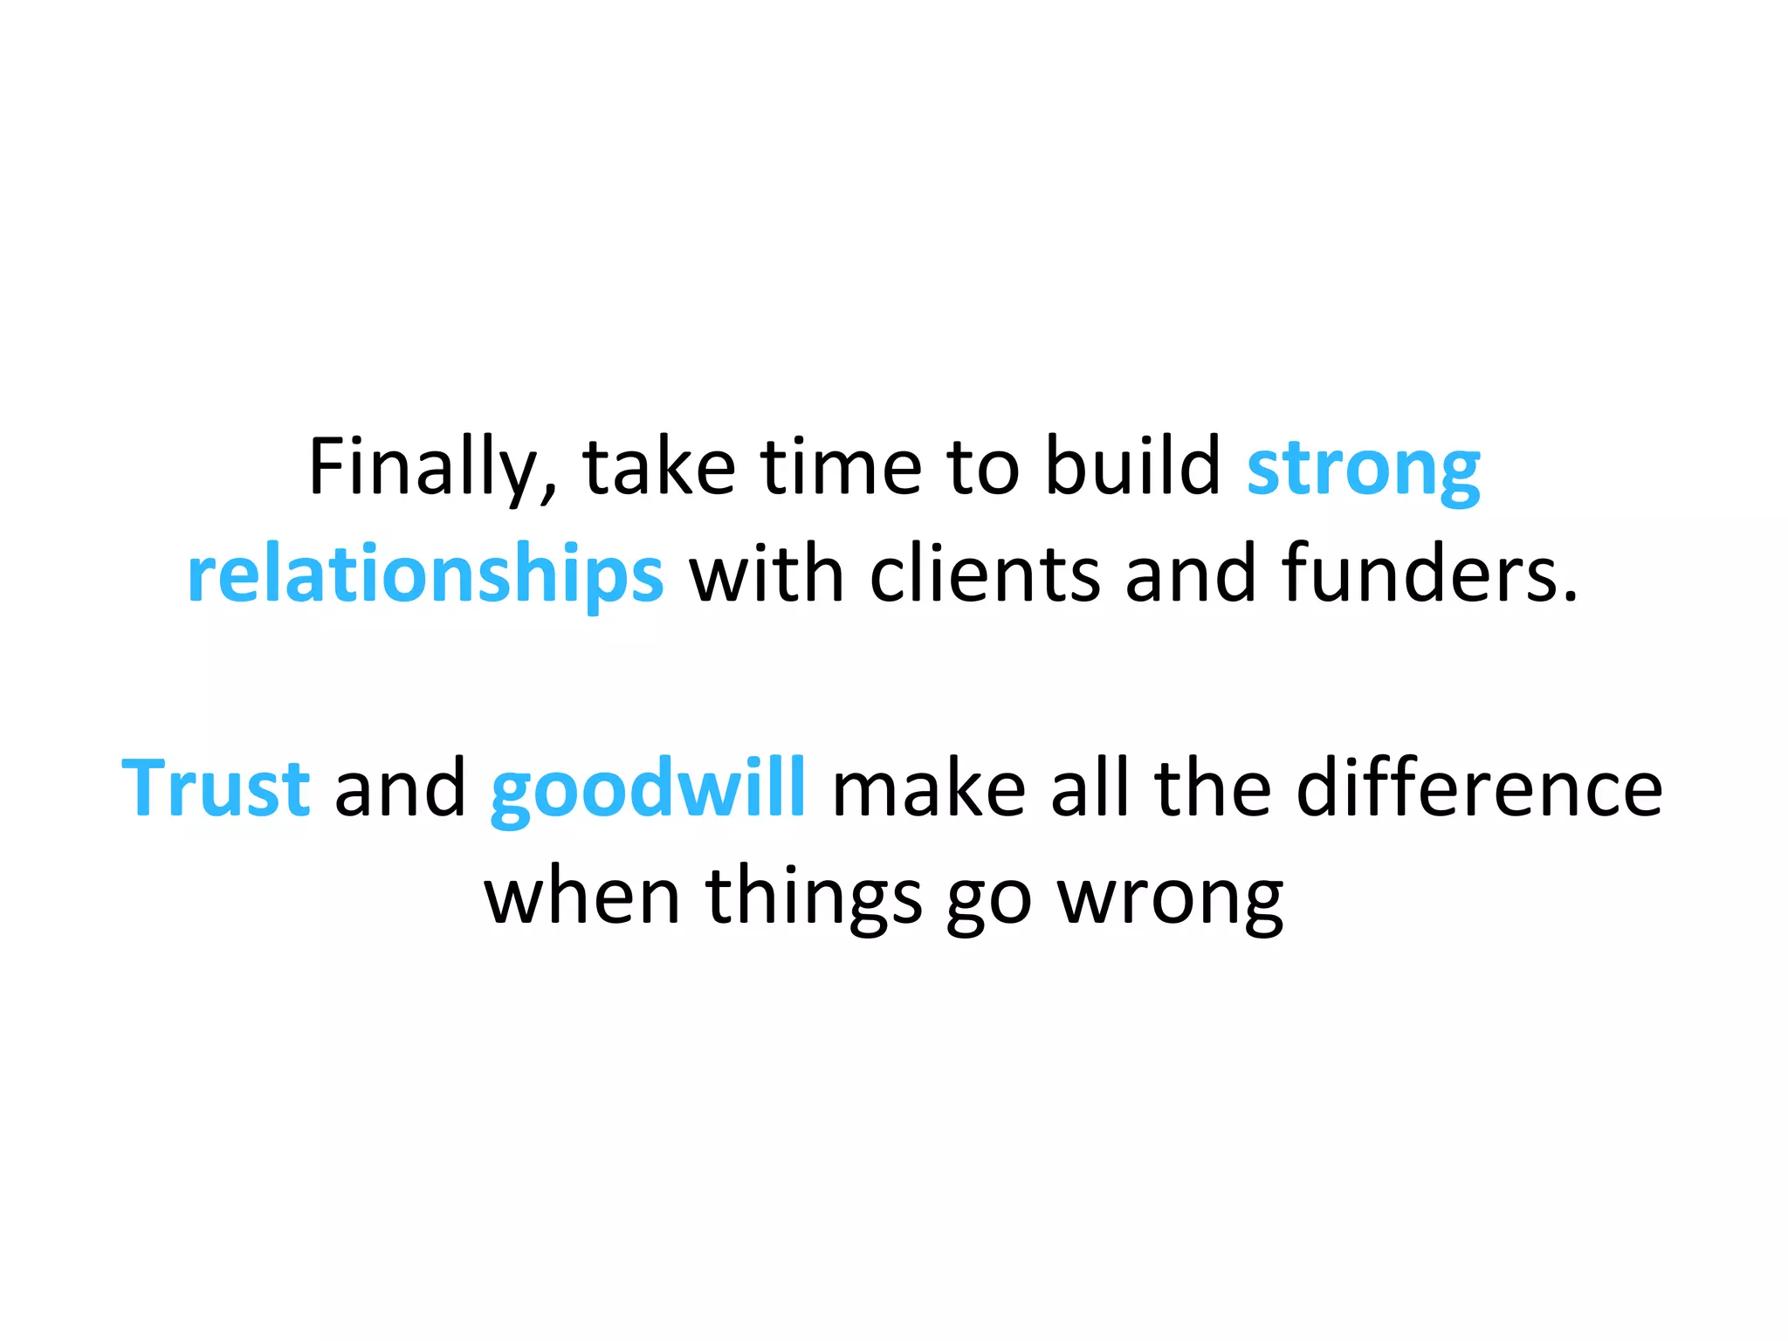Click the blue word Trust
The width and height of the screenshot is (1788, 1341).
[x=216, y=788]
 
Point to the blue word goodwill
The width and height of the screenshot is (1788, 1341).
[x=648, y=790]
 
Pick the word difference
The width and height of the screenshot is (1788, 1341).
[x=1479, y=788]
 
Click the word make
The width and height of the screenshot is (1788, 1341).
[x=929, y=788]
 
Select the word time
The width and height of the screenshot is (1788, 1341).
[x=840, y=468]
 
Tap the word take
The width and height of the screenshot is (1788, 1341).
[x=659, y=468]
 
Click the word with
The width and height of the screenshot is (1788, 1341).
[x=767, y=574]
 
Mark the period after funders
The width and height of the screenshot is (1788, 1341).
[x=1571, y=598]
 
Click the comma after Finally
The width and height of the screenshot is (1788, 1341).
[x=548, y=493]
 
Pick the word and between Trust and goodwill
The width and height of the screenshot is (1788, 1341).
[x=401, y=788]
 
